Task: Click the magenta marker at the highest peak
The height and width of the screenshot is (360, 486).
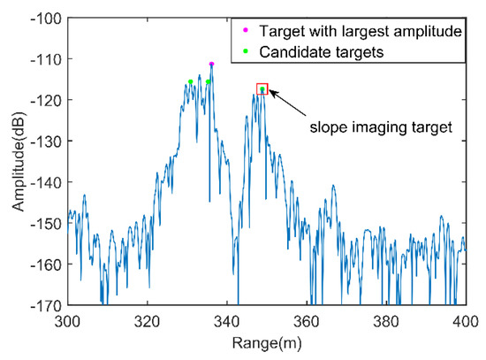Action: [211, 65]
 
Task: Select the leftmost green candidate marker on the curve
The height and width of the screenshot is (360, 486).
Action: [190, 81]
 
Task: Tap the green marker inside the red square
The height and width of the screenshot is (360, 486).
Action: [262, 89]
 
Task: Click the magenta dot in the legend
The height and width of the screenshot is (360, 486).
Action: [246, 32]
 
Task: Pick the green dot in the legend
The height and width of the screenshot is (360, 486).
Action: [246, 52]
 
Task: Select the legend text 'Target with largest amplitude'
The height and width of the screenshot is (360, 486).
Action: [360, 32]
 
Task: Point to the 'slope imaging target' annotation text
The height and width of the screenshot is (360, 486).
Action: [381, 127]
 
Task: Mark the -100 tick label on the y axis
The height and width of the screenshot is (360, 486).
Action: [48, 18]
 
